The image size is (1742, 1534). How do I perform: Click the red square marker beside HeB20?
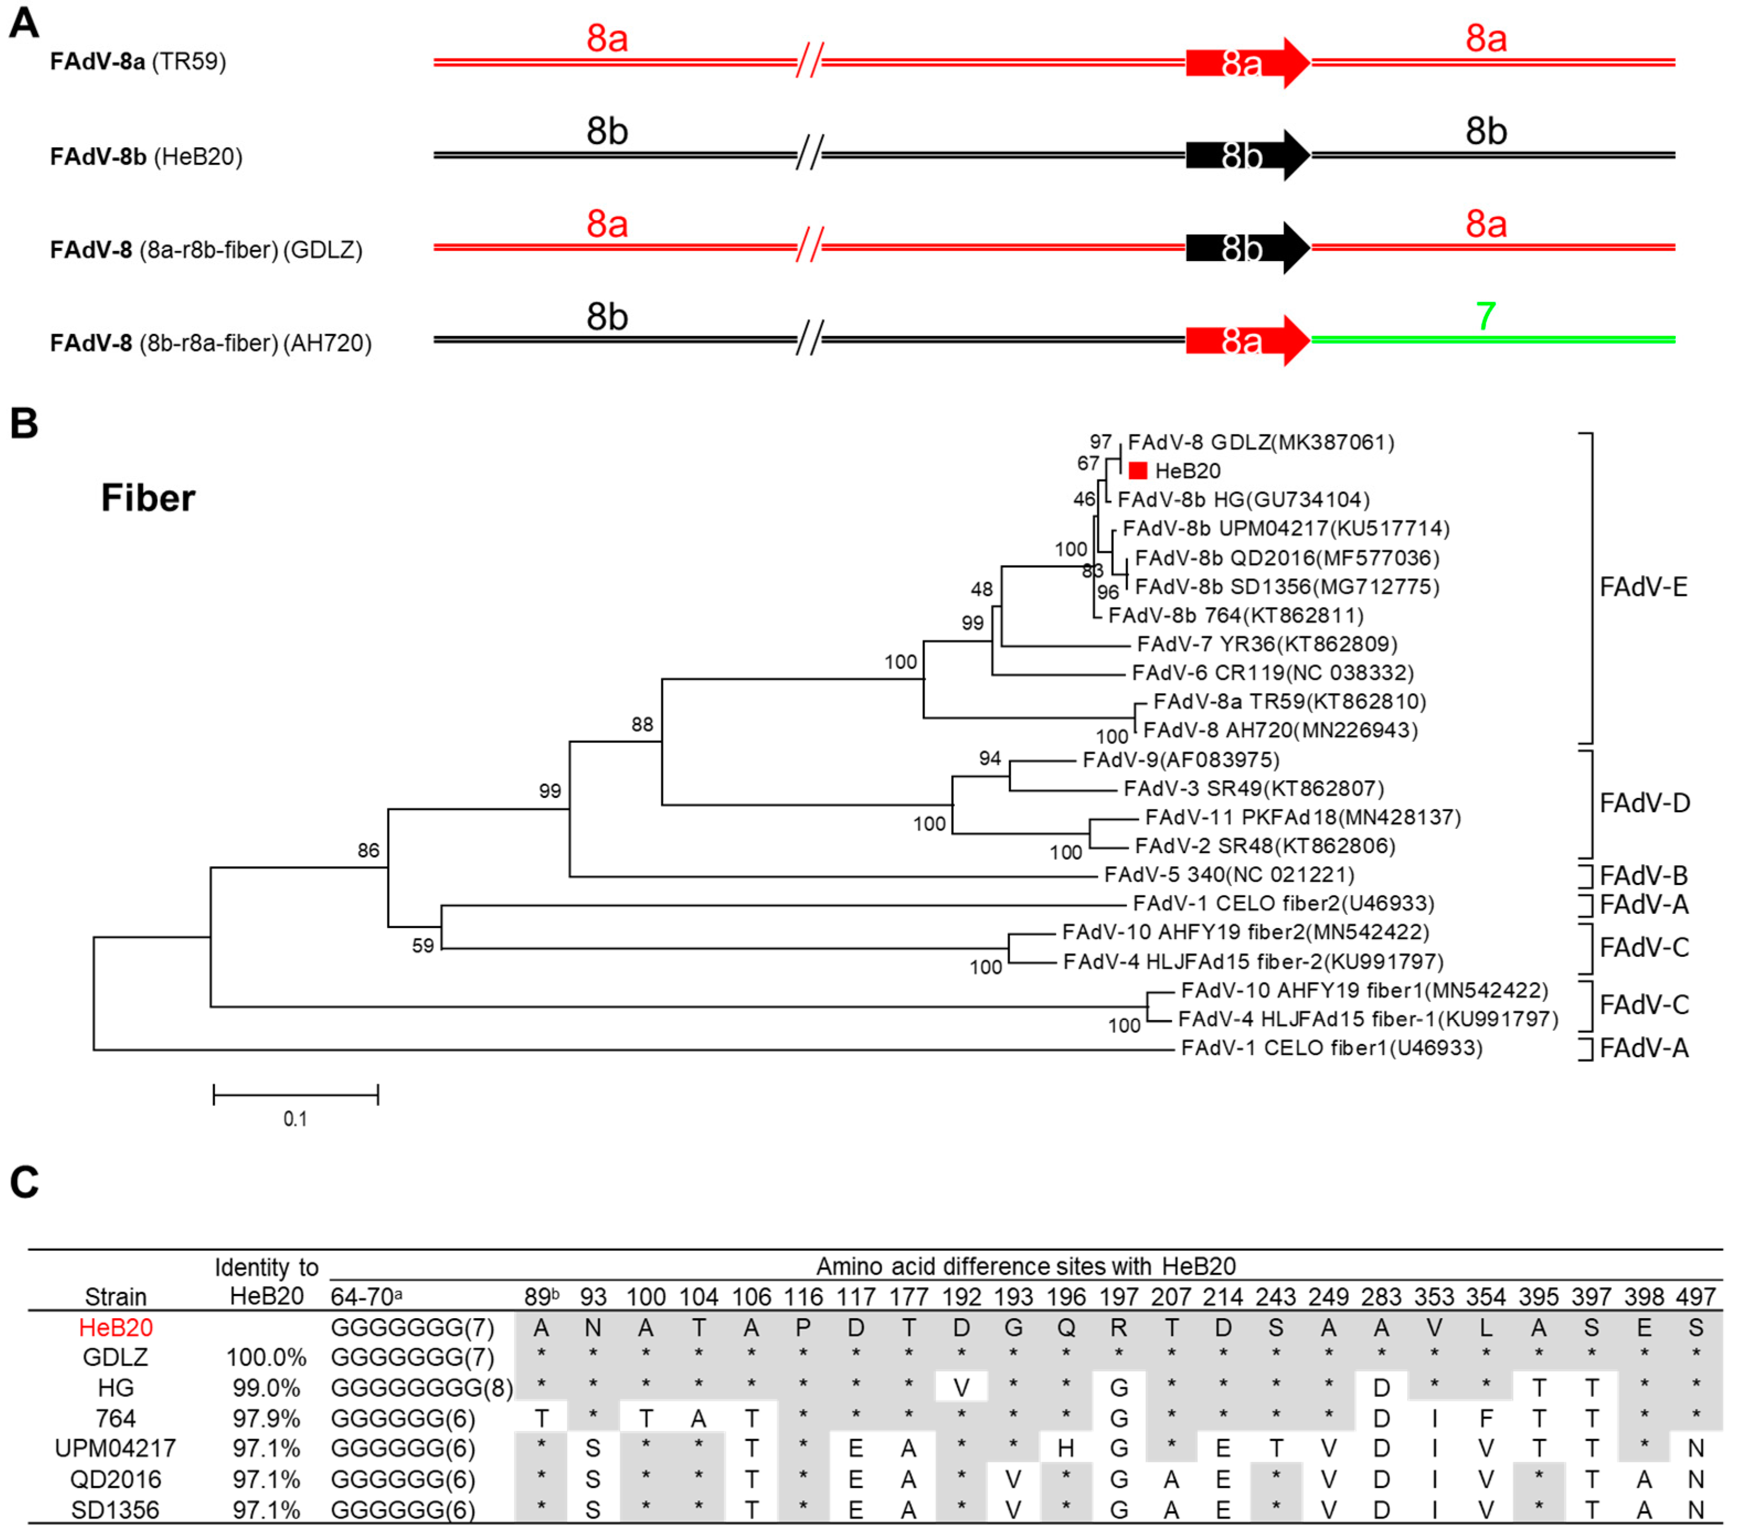point(1138,471)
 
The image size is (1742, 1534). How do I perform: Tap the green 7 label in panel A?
point(1485,317)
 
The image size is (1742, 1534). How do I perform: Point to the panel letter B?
point(24,424)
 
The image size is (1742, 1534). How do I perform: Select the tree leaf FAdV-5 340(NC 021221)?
point(1229,875)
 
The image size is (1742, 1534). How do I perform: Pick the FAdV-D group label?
point(1644,803)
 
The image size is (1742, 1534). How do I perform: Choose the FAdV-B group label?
point(1644,875)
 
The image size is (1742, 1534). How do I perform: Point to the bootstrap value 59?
point(423,945)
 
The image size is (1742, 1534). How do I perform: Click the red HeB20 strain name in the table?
point(116,1328)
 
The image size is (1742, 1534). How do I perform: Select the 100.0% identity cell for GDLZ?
point(266,1357)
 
